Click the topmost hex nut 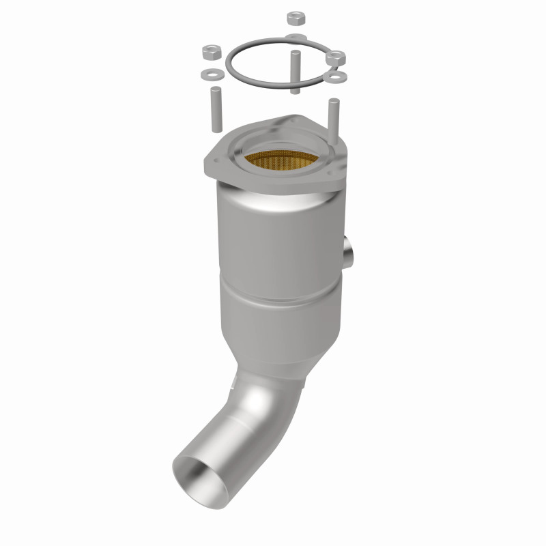coord(296,18)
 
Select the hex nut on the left coord(210,52)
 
